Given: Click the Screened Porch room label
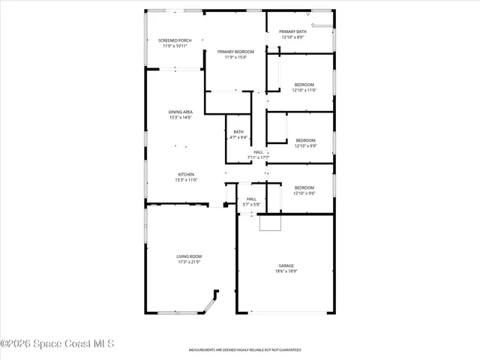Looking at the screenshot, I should (175, 40).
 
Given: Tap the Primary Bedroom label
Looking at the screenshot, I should (235, 51).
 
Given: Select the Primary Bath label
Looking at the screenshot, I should (293, 31).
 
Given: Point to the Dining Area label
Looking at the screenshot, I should (180, 112).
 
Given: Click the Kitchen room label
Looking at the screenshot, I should (185, 175).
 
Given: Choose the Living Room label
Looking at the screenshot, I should (189, 256).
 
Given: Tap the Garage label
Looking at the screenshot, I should (286, 265).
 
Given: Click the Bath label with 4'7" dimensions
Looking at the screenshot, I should (238, 131).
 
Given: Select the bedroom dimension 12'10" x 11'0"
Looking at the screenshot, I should (304, 90).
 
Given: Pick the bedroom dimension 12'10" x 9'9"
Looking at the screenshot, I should (304, 146).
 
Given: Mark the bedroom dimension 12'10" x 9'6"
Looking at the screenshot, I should (304, 193).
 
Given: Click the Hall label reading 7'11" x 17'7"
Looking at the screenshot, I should (258, 152).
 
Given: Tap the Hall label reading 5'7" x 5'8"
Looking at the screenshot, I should (251, 199).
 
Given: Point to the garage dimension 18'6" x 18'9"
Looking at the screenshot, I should (286, 271).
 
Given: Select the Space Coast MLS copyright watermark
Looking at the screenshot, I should (57, 344).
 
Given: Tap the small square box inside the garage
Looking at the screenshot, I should (268, 223).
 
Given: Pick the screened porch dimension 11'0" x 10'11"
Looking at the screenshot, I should (175, 46).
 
